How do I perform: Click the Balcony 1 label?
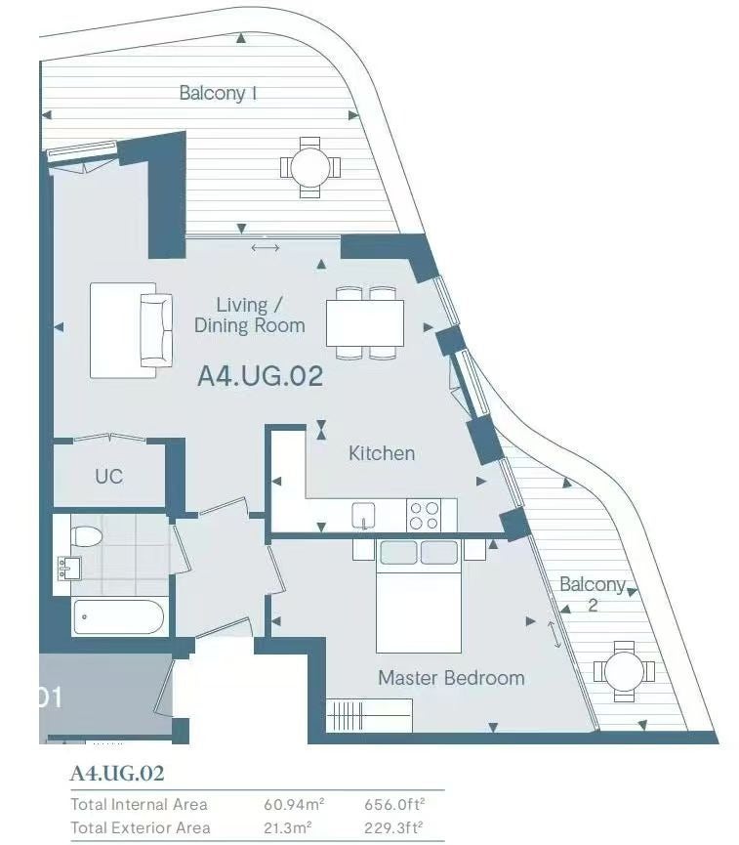coord(218,93)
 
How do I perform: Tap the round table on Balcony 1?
coord(310,167)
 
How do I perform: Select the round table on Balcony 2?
coord(624,671)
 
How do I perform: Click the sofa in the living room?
coord(156,330)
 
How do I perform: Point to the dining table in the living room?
coord(365,322)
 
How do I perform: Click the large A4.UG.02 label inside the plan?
coord(260,376)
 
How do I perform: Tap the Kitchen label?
coord(382,453)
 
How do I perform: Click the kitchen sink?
coord(363,516)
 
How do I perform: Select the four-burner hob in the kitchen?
coord(424,515)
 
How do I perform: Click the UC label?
coord(108,477)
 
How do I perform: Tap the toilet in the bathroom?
coord(86,535)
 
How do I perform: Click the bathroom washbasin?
coord(69,568)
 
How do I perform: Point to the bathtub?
coord(118,616)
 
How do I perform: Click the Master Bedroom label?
coord(451,677)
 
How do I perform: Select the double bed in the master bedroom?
coord(419,596)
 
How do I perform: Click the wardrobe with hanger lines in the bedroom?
coord(369,715)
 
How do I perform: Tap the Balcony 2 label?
coord(593,594)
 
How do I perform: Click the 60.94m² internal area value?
coord(294,804)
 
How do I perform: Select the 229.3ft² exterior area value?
coord(393,827)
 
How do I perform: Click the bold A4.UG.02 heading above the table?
coord(117,774)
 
